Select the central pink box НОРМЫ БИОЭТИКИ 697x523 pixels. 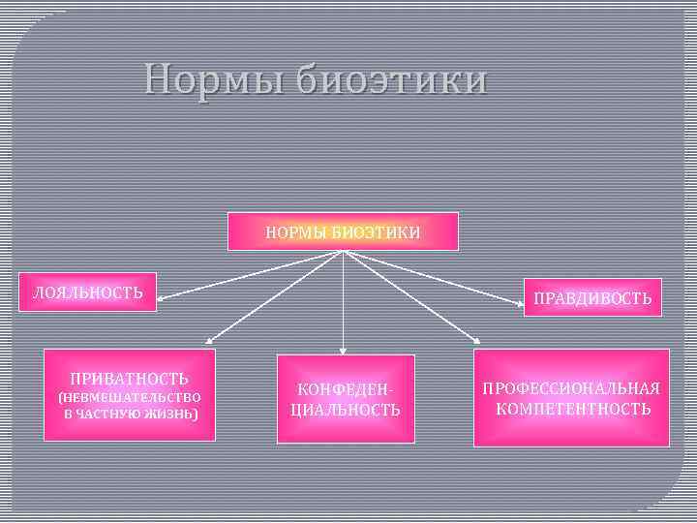[x=343, y=231]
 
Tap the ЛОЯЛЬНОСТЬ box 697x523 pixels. [x=89, y=292]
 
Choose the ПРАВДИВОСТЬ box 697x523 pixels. [x=592, y=298]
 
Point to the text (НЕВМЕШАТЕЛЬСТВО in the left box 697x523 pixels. [x=129, y=397]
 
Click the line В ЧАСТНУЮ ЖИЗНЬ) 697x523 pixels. [x=129, y=414]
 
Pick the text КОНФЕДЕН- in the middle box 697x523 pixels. [x=344, y=389]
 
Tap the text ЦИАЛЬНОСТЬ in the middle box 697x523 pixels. [x=345, y=410]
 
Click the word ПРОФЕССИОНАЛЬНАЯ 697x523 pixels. [x=571, y=388]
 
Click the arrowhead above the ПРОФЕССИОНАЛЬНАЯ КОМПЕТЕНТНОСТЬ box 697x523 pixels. [x=477, y=341]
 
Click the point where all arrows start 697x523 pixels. [x=343, y=252]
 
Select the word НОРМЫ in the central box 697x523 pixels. [x=296, y=232]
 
